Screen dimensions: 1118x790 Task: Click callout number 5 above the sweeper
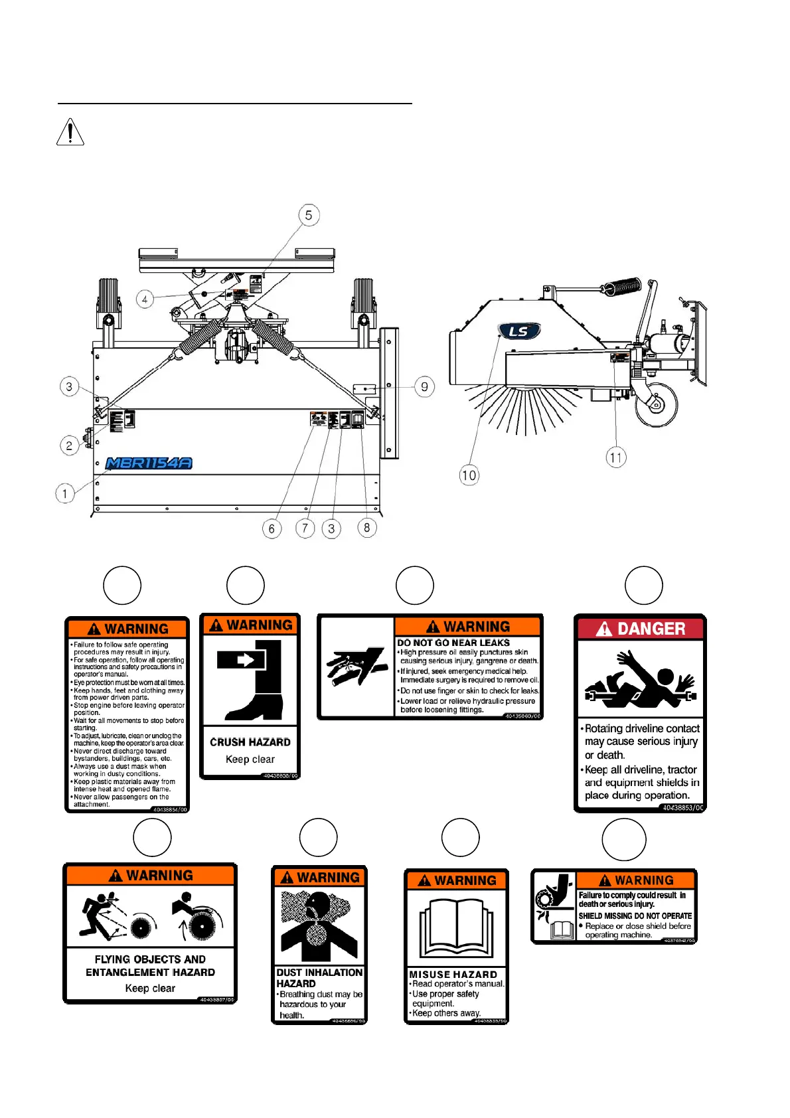click(x=309, y=215)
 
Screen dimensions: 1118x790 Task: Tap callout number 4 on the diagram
click(x=145, y=299)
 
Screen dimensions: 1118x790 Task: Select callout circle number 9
click(x=425, y=386)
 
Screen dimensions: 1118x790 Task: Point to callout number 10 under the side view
click(x=469, y=475)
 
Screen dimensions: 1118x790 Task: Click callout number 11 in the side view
click(x=616, y=457)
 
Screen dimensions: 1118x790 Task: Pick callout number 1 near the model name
click(x=65, y=493)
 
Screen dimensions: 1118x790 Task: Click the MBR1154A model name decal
click(x=149, y=463)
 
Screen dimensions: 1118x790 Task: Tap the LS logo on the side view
click(x=518, y=331)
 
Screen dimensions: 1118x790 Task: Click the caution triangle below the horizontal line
click(x=70, y=131)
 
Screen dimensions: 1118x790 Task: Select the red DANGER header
click(x=641, y=629)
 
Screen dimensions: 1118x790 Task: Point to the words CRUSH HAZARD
click(x=250, y=742)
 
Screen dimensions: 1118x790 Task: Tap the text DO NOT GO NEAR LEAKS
click(x=453, y=643)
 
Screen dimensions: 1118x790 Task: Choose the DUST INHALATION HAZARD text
click(x=319, y=977)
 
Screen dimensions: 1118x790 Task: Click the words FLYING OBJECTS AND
click(x=150, y=959)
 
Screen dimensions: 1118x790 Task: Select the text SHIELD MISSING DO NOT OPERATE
click(x=635, y=916)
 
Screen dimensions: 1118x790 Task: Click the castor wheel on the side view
click(x=657, y=404)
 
